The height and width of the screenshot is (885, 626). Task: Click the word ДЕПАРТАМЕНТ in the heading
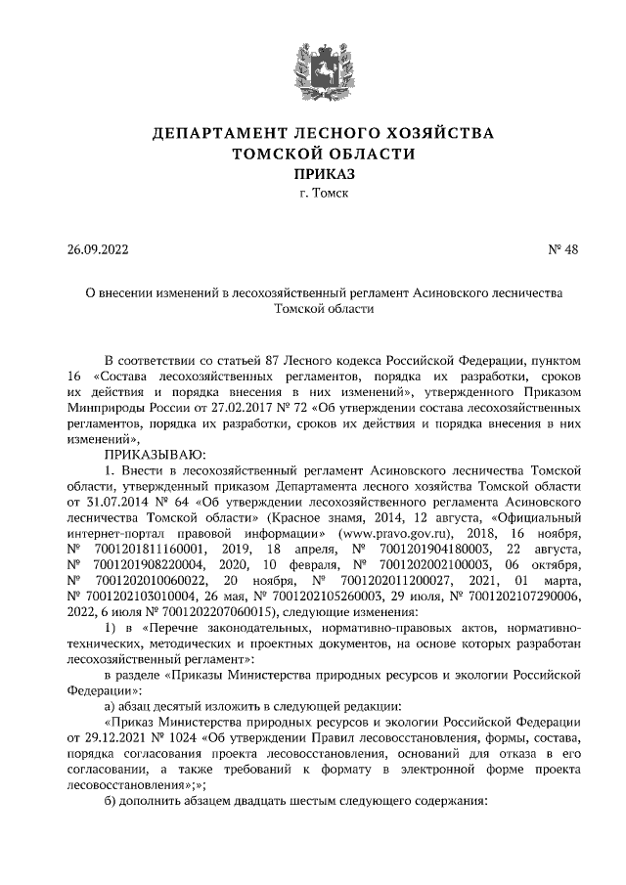218,132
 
